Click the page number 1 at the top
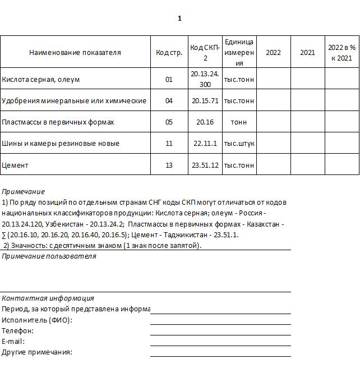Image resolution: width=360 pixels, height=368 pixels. coord(179,19)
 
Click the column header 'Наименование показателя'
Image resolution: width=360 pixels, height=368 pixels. coord(75,53)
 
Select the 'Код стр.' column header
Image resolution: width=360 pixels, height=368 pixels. coord(169,53)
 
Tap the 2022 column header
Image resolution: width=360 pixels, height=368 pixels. coord(273,53)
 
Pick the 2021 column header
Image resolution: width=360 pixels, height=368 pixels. coord(307,53)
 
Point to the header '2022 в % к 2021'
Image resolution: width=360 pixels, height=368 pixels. coord(341,53)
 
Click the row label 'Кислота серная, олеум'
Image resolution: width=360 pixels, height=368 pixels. coord(41,80)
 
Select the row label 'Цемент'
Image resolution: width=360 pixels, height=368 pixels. coord(15,165)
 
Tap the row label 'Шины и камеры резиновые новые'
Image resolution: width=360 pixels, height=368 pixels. coord(61,144)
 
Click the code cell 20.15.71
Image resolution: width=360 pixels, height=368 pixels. coord(205,101)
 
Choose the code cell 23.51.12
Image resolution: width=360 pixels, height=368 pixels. coord(205,165)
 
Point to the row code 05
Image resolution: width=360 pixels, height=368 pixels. coord(169,122)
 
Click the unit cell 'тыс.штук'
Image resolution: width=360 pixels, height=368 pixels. coord(239,144)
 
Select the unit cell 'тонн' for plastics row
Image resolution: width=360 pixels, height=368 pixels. coord(239,122)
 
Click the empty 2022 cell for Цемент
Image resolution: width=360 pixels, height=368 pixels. coord(273,165)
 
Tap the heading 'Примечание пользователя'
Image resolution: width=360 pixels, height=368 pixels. coord(49,256)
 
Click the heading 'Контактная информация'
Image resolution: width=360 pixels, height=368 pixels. coord(48,298)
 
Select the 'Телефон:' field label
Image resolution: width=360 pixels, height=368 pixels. coord(18,331)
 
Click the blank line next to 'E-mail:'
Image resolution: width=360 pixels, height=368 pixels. coord(220,341)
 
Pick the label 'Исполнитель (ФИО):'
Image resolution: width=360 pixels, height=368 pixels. coord(37,320)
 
